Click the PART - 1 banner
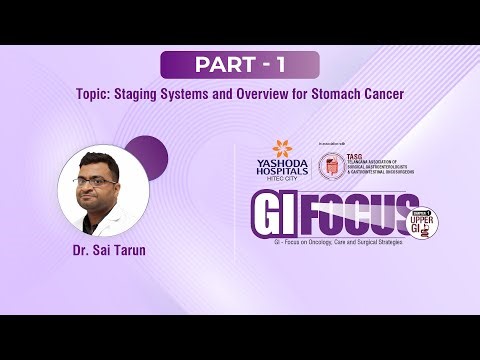click(x=240, y=65)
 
